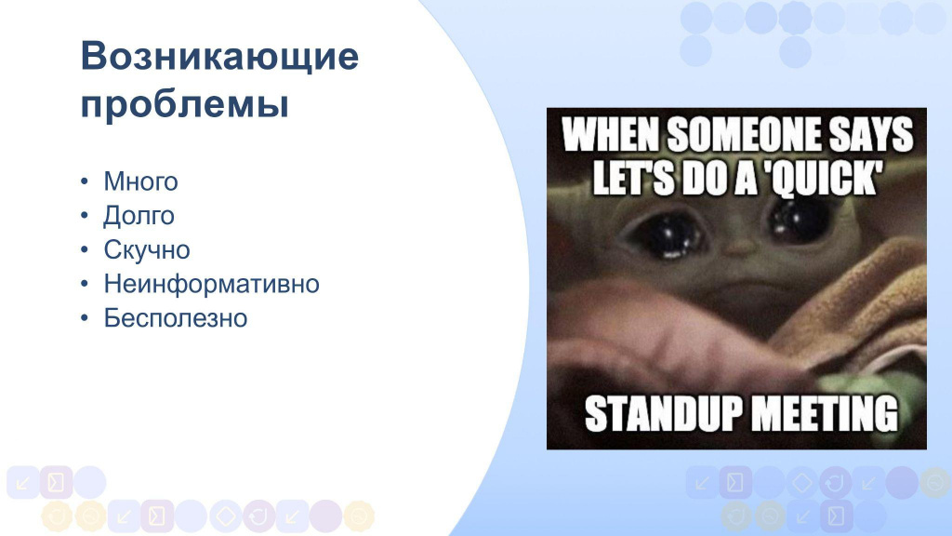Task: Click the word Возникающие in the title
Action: pyautogui.click(x=219, y=57)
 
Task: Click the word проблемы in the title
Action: pyautogui.click(x=185, y=104)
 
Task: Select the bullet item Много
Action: pyautogui.click(x=141, y=181)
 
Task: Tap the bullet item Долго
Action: pyautogui.click(x=139, y=216)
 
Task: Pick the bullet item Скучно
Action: pyautogui.click(x=147, y=249)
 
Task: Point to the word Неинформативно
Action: pyautogui.click(x=211, y=284)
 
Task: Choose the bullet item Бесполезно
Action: pyautogui.click(x=176, y=318)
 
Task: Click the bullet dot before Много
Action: pyautogui.click(x=85, y=181)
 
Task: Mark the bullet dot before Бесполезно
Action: pyautogui.click(x=85, y=318)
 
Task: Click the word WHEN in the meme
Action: pyautogui.click(x=611, y=134)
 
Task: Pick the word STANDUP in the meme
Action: pyautogui.click(x=664, y=414)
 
